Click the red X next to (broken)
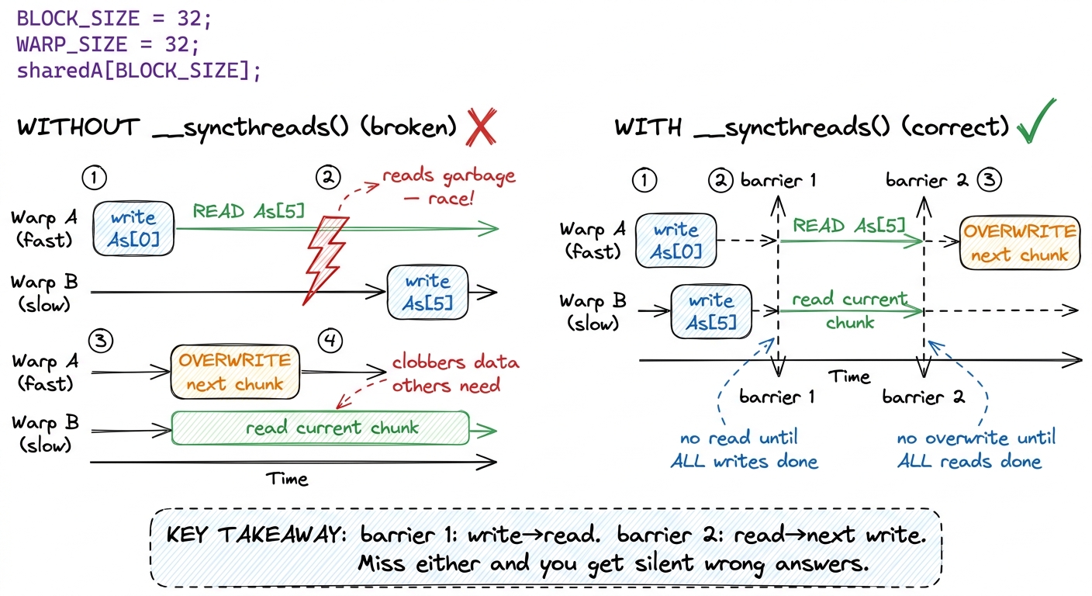coord(481,126)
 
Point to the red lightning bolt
coord(326,259)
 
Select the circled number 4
coord(330,340)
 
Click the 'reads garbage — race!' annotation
coord(448,187)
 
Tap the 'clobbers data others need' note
coord(455,373)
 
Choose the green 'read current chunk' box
coord(320,428)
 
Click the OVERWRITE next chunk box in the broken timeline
coord(235,372)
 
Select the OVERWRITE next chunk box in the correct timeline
coord(1020,243)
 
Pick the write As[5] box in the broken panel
coord(427,292)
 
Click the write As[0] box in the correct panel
coord(676,241)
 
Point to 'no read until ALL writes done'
coord(744,449)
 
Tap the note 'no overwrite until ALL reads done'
coord(976,449)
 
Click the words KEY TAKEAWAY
coord(256,535)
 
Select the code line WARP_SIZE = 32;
coord(109,44)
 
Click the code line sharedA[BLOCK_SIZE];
coord(139,71)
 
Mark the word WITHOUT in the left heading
coord(78,127)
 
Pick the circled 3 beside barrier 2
coord(989,179)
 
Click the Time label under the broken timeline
coord(287,479)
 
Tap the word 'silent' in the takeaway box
coord(664,564)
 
